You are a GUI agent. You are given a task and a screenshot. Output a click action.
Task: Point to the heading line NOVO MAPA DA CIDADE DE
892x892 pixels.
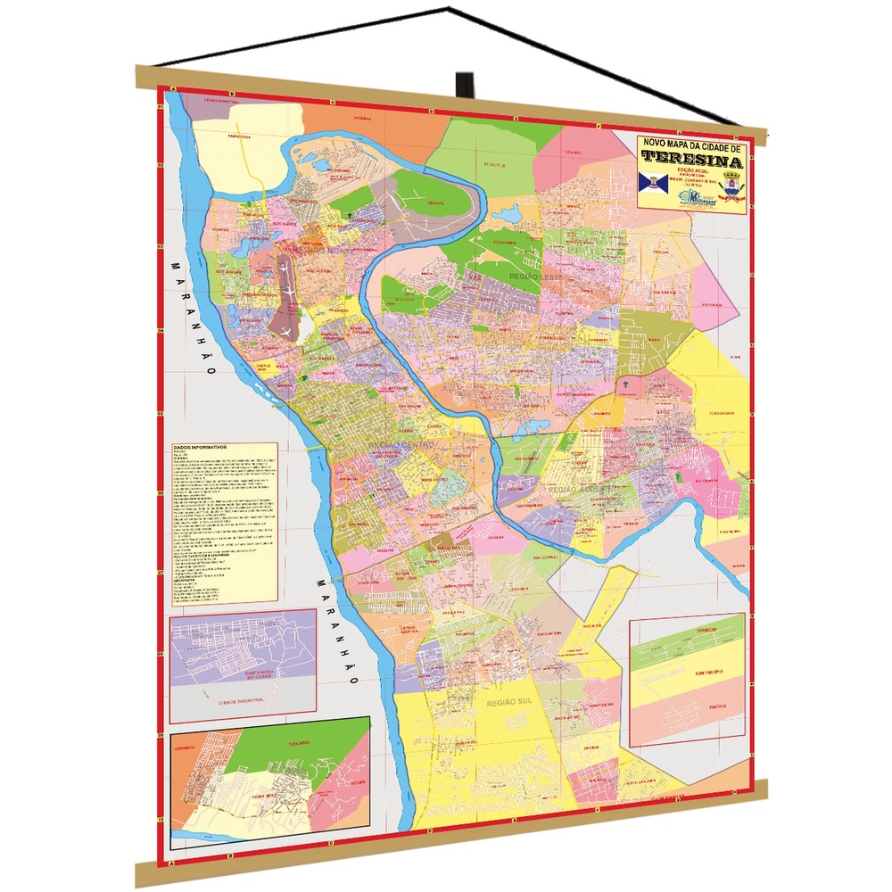(x=692, y=144)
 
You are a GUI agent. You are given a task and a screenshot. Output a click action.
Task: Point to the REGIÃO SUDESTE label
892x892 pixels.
(x=583, y=490)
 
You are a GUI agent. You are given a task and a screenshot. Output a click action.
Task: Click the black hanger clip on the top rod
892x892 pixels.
(x=464, y=83)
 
